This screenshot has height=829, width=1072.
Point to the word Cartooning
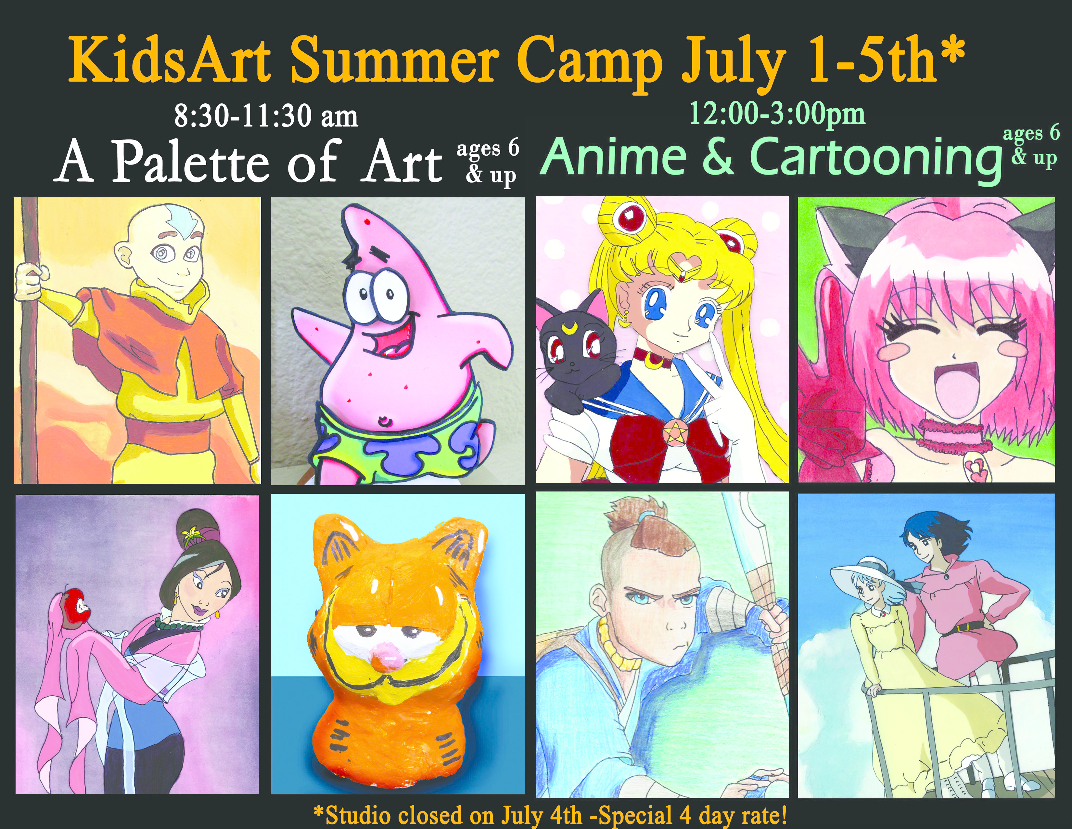coord(876,158)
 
